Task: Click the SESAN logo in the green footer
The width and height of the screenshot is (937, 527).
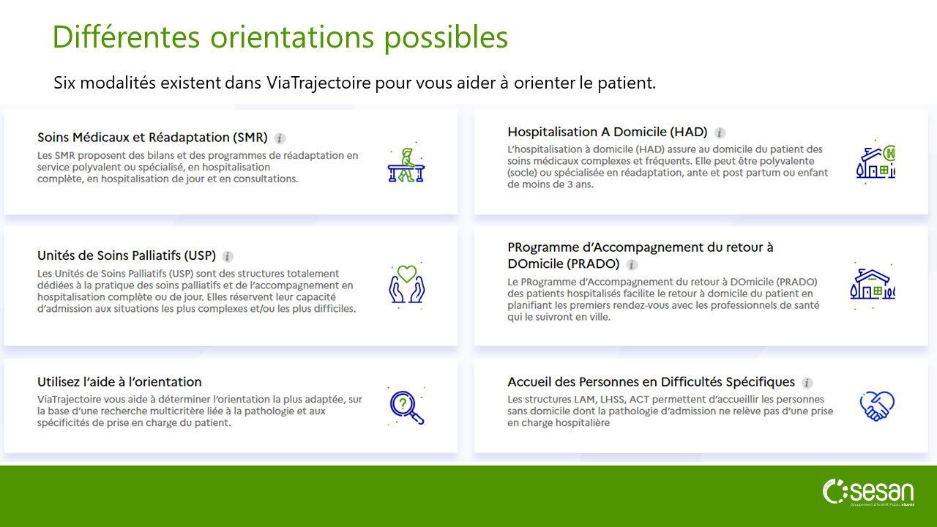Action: [868, 493]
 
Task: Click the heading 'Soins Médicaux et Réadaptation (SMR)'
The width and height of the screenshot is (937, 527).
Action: [152, 137]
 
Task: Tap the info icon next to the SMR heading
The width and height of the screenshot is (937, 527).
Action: [280, 138]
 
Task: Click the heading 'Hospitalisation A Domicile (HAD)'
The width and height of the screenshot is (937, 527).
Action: [608, 132]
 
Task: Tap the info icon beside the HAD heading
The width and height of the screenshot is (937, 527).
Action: [720, 133]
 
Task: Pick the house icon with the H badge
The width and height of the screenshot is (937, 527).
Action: [876, 162]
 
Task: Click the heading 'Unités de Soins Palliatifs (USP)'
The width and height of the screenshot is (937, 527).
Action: [127, 255]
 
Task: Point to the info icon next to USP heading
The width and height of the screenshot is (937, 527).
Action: [228, 256]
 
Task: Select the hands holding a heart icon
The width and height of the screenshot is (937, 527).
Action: [406, 285]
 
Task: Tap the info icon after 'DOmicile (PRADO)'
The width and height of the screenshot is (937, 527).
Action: [632, 265]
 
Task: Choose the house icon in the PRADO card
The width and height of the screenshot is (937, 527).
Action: [873, 285]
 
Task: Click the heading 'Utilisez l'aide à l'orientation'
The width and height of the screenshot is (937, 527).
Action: [119, 382]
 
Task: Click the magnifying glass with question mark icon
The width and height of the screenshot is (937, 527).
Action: [406, 406]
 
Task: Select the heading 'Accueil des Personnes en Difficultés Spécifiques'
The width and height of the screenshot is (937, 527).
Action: [651, 382]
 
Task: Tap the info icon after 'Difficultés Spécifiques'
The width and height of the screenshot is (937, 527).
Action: [807, 383]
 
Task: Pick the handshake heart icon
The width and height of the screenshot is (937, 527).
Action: [877, 405]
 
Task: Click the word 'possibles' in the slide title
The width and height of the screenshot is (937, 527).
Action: [446, 37]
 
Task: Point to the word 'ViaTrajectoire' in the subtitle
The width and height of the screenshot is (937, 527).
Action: [318, 83]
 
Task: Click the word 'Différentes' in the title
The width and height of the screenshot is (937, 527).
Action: [127, 37]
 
